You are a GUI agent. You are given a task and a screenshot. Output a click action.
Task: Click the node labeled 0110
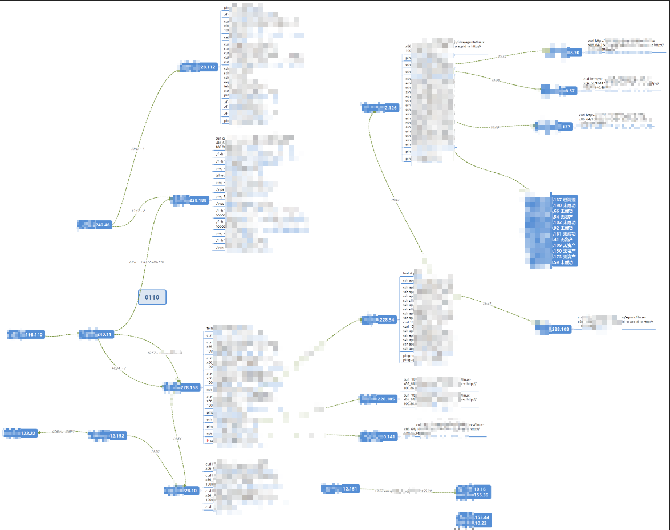pos(152,297)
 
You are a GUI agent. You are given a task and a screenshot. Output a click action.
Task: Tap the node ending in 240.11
pos(96,334)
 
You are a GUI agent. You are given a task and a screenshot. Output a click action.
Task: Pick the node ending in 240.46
pos(95,225)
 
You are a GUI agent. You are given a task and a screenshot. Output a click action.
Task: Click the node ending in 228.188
pos(190,200)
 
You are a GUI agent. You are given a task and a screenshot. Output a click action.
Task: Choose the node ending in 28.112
pos(198,67)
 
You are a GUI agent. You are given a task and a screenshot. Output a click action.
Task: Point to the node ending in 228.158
pos(182,387)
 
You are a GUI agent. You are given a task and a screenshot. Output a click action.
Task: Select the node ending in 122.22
pos(21,433)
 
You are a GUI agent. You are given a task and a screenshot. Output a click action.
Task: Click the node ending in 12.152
pos(108,436)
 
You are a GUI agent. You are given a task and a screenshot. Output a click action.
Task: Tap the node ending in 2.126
pos(380,107)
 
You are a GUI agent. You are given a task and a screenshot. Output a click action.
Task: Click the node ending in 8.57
pos(559,90)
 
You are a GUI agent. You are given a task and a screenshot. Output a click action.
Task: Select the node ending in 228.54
pos(379,320)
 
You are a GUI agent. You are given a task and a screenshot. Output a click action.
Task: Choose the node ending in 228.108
pos(553,328)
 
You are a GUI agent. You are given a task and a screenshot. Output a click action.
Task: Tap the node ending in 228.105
pos(377,399)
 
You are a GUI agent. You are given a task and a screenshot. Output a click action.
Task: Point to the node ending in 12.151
pos(340,489)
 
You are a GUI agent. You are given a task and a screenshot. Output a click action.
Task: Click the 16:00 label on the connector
pos(494,127)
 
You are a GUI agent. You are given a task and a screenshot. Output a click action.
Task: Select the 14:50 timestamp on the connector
pos(155,451)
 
